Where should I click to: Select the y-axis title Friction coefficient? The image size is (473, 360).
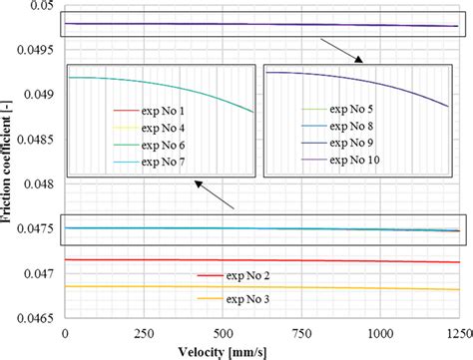click(8, 165)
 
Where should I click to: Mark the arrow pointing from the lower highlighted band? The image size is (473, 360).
click(215, 195)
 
